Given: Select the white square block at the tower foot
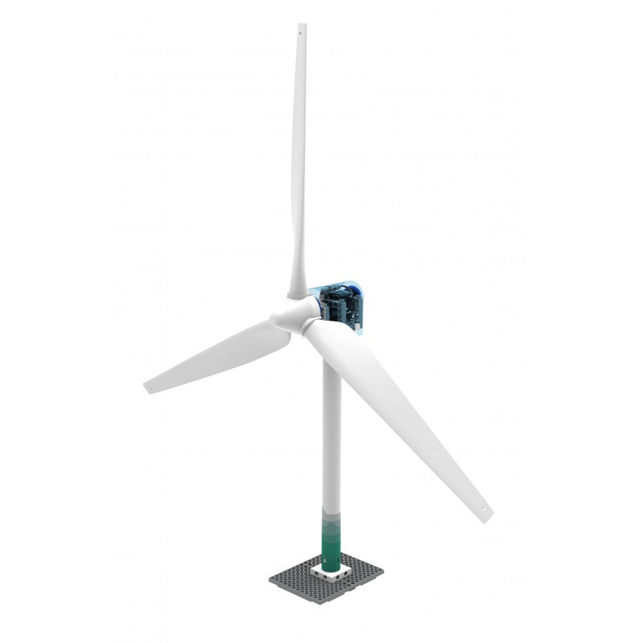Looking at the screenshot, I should pos(330,572).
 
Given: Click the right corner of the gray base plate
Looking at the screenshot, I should pos(383,573).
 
